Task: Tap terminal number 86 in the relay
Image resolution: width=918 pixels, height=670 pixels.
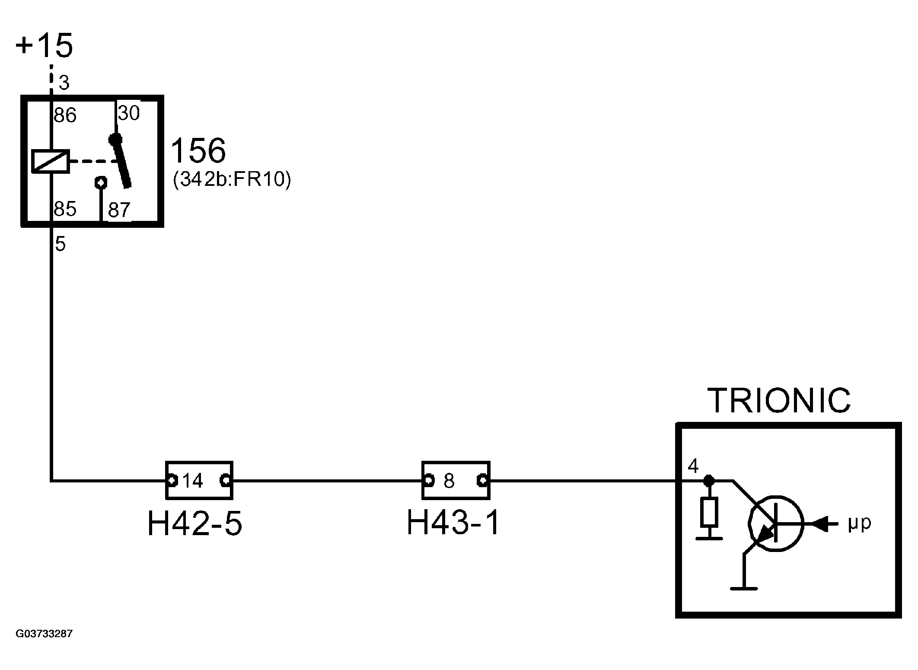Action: click(65, 115)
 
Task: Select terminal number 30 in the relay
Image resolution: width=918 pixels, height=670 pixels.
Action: click(129, 113)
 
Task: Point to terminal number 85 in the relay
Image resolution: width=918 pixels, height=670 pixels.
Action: click(65, 209)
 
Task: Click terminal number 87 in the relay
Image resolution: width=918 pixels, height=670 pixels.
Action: click(119, 210)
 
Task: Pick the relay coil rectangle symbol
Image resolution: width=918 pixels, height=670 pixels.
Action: click(51, 161)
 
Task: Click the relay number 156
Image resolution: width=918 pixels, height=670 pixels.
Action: click(198, 151)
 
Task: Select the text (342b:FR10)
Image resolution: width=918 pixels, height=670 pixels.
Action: click(232, 179)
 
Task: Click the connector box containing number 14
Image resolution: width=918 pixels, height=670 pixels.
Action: click(199, 480)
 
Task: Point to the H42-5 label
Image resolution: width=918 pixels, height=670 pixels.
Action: click(195, 523)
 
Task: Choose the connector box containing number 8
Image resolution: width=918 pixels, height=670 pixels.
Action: click(456, 480)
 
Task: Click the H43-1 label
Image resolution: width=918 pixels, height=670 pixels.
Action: click(453, 523)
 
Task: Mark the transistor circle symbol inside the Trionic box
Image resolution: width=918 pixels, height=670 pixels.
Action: click(776, 523)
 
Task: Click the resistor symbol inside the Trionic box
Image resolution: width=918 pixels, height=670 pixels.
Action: click(709, 512)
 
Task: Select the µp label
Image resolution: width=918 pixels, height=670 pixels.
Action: click(859, 523)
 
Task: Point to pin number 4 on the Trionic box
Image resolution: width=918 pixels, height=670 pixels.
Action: click(693, 466)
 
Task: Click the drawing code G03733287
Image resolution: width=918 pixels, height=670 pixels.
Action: click(44, 634)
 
